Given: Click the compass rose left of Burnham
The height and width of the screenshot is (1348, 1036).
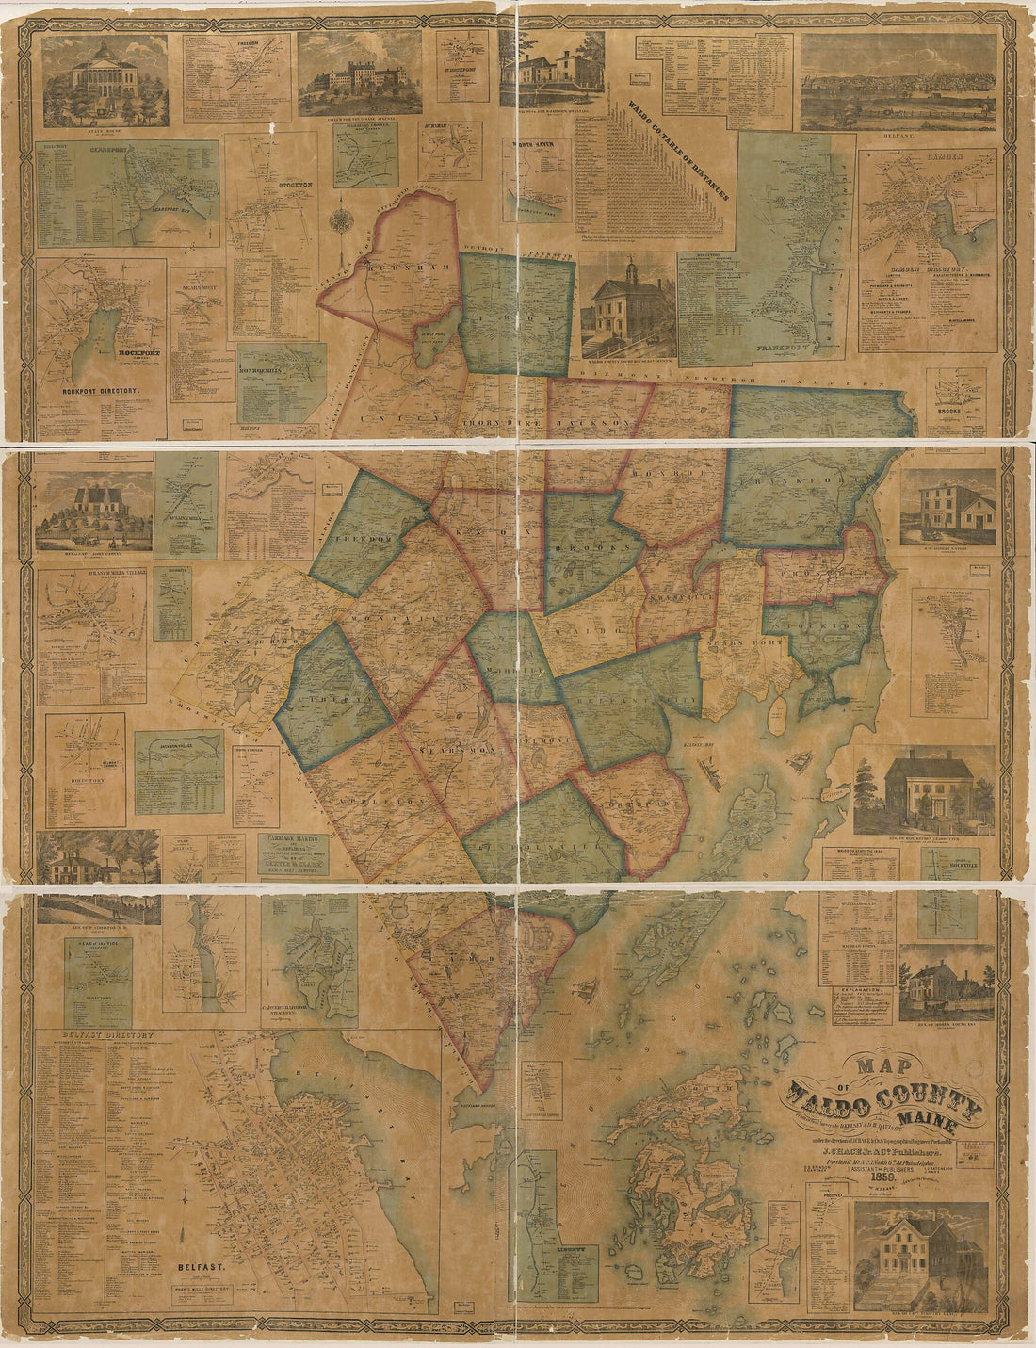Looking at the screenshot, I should coord(341,222).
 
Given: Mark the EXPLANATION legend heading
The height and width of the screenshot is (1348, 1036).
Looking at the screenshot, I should coord(862,992).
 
